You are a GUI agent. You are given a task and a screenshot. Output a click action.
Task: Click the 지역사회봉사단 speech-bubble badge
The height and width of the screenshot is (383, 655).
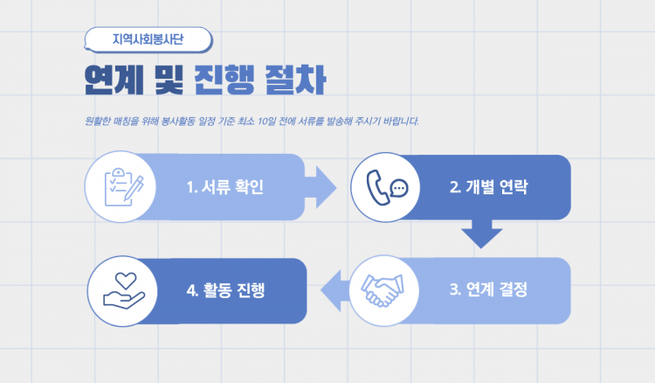coord(148,39)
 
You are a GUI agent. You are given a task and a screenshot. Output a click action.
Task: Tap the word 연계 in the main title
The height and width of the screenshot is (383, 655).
coord(114,80)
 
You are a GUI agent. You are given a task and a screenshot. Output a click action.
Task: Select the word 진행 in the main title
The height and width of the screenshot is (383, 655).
coord(224,80)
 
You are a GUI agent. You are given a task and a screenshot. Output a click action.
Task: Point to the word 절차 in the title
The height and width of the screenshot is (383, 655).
coord(295,80)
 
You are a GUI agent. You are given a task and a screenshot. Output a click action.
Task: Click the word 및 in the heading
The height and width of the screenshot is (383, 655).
coord(169,80)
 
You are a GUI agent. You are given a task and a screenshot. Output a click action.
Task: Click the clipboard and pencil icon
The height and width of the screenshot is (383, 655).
coord(124,187)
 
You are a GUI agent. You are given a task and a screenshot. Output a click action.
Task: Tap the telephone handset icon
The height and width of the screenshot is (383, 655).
coord(378,188)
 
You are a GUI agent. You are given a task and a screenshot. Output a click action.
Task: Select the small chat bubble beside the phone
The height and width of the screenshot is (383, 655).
coord(399,188)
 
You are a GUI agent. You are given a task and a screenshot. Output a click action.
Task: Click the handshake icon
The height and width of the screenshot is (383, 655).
coord(383,290)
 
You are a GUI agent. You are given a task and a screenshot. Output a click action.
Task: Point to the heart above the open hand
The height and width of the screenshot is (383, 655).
coord(126,281)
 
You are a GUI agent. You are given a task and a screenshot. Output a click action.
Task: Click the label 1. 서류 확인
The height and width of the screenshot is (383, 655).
coord(225,187)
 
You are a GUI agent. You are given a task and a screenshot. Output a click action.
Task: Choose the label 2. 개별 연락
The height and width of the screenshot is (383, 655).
coord(489,187)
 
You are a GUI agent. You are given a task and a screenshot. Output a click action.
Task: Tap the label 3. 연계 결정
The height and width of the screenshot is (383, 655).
coord(489,289)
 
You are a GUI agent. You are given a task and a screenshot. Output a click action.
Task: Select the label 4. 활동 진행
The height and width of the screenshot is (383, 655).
coord(225,289)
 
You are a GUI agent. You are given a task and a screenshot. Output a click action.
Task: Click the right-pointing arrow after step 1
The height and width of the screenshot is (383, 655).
coord(321,187)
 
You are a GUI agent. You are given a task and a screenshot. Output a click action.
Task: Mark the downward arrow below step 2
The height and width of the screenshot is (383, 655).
coord(481,233)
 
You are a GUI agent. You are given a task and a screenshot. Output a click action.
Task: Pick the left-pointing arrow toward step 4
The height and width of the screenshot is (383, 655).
coord(335,290)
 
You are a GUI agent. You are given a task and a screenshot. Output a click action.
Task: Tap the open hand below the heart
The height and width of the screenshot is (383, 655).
coord(124,300)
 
